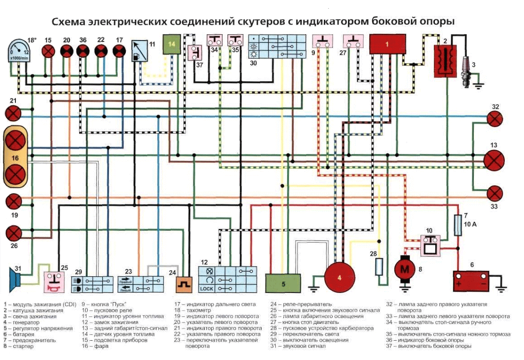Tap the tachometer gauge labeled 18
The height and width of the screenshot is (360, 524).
click(x=17, y=50)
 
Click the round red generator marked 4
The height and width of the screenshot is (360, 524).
click(x=339, y=278)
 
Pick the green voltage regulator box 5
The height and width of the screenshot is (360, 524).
click(x=283, y=283)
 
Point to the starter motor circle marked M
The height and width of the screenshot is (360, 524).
click(x=404, y=269)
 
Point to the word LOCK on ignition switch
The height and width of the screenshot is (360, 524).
click(x=206, y=288)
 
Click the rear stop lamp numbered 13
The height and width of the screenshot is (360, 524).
click(x=494, y=159)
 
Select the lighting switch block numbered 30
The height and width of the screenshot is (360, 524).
click(x=277, y=47)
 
